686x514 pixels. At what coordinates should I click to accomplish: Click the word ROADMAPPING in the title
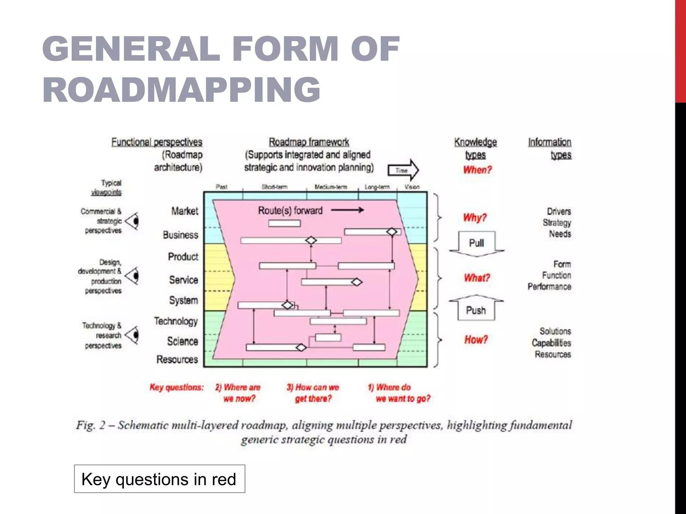coord(181,89)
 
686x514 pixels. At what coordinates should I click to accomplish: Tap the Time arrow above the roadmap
coord(403,170)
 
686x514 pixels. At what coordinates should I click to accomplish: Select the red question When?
coord(477,170)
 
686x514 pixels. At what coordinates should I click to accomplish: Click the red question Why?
coord(475,218)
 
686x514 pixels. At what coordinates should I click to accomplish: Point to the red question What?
coord(477,278)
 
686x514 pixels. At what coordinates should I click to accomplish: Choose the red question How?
coord(476,340)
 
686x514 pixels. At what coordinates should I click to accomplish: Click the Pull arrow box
coord(476,243)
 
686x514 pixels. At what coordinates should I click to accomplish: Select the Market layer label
coord(185,211)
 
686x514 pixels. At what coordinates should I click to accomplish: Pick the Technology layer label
coord(176,321)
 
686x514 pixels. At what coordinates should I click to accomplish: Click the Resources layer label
coord(177,359)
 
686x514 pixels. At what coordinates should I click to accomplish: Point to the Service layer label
coord(184,280)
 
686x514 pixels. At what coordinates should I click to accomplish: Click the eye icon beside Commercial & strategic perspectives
coord(133,221)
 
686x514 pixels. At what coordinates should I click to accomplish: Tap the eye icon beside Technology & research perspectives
coord(133,335)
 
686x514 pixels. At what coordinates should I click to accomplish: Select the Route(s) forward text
coord(290,211)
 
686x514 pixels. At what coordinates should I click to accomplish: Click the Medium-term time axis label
coord(331,187)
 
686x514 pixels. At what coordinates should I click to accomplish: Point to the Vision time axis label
coord(412,187)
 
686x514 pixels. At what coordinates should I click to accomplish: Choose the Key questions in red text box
coord(159,479)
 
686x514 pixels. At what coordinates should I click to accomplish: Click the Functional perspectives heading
coord(157,142)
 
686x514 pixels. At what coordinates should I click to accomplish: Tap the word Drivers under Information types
coord(559,211)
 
